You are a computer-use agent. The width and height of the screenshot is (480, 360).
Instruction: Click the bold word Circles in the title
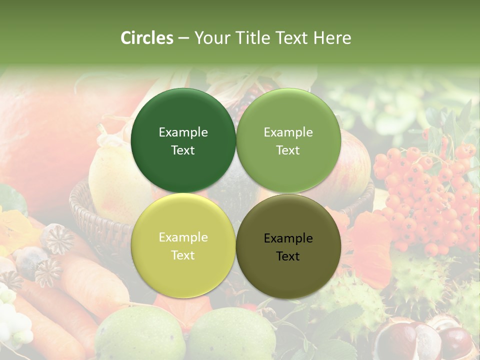pos(147,38)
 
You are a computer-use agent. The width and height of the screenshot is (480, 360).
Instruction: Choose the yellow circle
pos(183,246)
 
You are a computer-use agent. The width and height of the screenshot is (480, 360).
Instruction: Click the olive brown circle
pos(288,246)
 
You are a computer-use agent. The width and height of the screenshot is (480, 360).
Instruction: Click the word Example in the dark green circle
pos(183,132)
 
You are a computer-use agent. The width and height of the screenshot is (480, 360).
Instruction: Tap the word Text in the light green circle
pos(288,150)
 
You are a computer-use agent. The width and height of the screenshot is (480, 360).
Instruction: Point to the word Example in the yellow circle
pos(183,237)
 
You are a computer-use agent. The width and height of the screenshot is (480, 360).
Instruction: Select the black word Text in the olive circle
pos(288,256)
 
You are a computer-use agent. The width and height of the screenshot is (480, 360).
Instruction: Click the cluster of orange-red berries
pos(425,195)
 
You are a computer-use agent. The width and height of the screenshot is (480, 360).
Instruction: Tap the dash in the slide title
pos(183,38)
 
